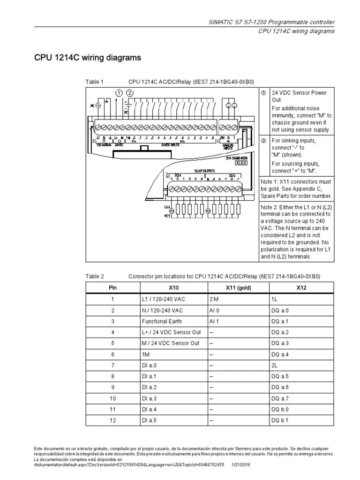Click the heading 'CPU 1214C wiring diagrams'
88,58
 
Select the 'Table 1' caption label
94,82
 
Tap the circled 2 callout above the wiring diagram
130,93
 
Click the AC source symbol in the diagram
98,106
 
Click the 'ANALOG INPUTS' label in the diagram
228,146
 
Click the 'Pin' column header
112,288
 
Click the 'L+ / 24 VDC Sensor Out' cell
171,332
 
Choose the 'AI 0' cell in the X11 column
214,310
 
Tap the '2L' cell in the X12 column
274,365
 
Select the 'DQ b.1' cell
279,420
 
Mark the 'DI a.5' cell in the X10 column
149,420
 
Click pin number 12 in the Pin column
112,420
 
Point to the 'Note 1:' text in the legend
270,181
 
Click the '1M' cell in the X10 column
145,354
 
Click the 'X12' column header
301,288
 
